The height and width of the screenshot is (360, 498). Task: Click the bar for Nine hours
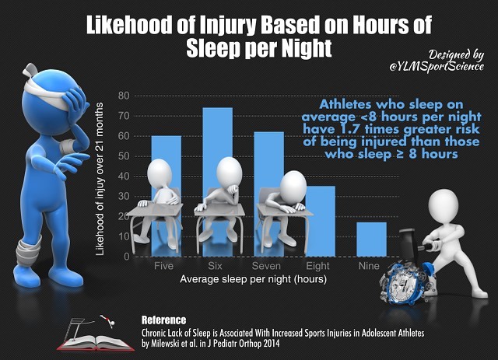pos(370,239)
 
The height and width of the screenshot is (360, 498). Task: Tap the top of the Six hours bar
pos(218,110)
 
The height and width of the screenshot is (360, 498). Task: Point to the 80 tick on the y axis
pos(123,96)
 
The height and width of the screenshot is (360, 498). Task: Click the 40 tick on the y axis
pos(123,176)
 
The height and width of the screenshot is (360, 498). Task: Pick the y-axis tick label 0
pos(125,256)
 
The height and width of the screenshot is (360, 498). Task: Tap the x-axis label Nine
pos(370,265)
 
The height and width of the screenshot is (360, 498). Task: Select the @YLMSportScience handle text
pos(444,68)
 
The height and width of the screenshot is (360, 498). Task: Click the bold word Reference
pos(163,320)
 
